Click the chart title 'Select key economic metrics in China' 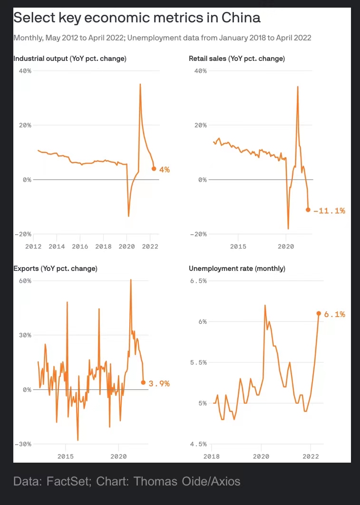tap(137, 18)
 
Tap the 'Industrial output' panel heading tap(70, 59)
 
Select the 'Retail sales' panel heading tap(237, 59)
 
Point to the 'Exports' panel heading tap(55, 268)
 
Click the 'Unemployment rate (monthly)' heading tap(237, 268)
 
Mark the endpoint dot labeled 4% tap(154, 168)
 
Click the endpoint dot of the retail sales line tap(308, 210)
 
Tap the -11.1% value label tap(329, 210)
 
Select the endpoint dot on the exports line tap(143, 382)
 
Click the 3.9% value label tap(159, 383)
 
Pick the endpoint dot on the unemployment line tap(319, 313)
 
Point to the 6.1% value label tap(334, 314)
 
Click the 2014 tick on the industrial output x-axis tap(57, 247)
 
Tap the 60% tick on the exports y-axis tap(25, 280)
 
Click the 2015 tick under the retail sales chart tap(238, 247)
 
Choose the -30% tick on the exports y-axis tap(23, 444)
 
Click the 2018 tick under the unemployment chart tap(212, 456)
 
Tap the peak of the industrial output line tap(140, 84)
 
